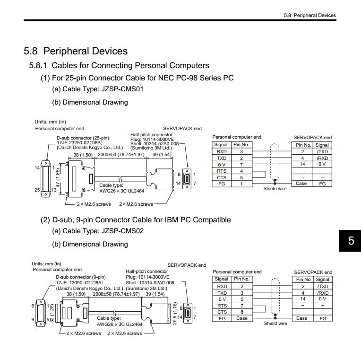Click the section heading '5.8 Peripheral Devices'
76,51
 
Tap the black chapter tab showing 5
351,241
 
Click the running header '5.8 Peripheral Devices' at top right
309,15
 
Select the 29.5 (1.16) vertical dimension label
175,314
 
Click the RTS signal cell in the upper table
221,171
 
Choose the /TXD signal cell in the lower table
322,286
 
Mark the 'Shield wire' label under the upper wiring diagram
275,189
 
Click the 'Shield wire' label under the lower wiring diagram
275,324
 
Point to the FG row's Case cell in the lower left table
241,318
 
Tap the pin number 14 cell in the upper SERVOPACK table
302,164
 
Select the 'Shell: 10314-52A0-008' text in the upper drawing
155,143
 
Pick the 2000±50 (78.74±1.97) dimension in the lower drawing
116,294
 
